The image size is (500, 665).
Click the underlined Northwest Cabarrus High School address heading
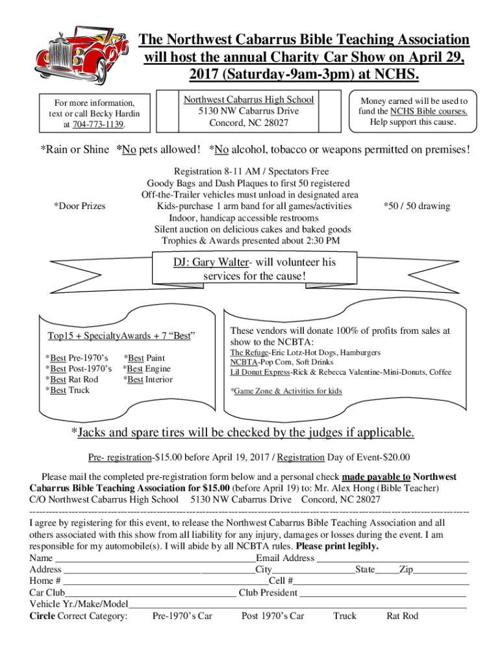pos(249,99)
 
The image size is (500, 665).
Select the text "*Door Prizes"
pos(79,206)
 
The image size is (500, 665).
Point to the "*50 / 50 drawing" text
pos(416,206)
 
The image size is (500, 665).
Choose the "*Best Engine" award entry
pos(146,369)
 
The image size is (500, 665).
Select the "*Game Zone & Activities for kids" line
pos(286,391)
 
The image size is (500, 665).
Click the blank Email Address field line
pos(392,558)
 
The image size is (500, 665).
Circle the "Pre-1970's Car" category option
pos(182,616)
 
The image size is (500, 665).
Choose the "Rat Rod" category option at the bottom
pos(402,616)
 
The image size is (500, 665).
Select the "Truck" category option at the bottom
pos(344,616)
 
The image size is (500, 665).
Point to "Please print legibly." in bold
pos(337,546)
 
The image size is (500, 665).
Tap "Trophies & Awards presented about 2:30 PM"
pos(251,240)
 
